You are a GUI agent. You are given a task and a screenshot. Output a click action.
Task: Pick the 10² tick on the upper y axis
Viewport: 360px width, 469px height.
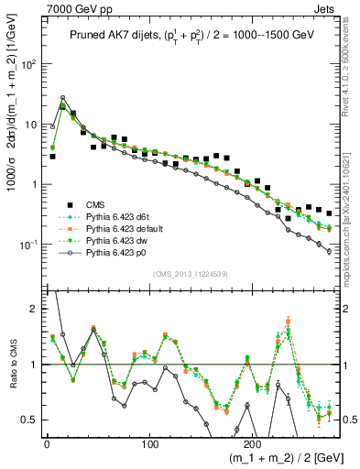pyautogui.click(x=27, y=65)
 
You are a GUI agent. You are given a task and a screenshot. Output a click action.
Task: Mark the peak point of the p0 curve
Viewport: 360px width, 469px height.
pyautogui.click(x=62, y=97)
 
